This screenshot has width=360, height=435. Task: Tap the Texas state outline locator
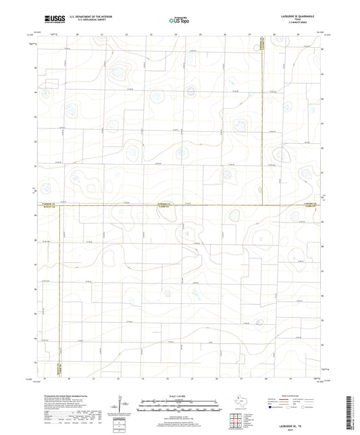pyautogui.click(x=238, y=401)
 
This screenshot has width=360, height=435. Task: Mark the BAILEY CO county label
pyautogui.click(x=49, y=208)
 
